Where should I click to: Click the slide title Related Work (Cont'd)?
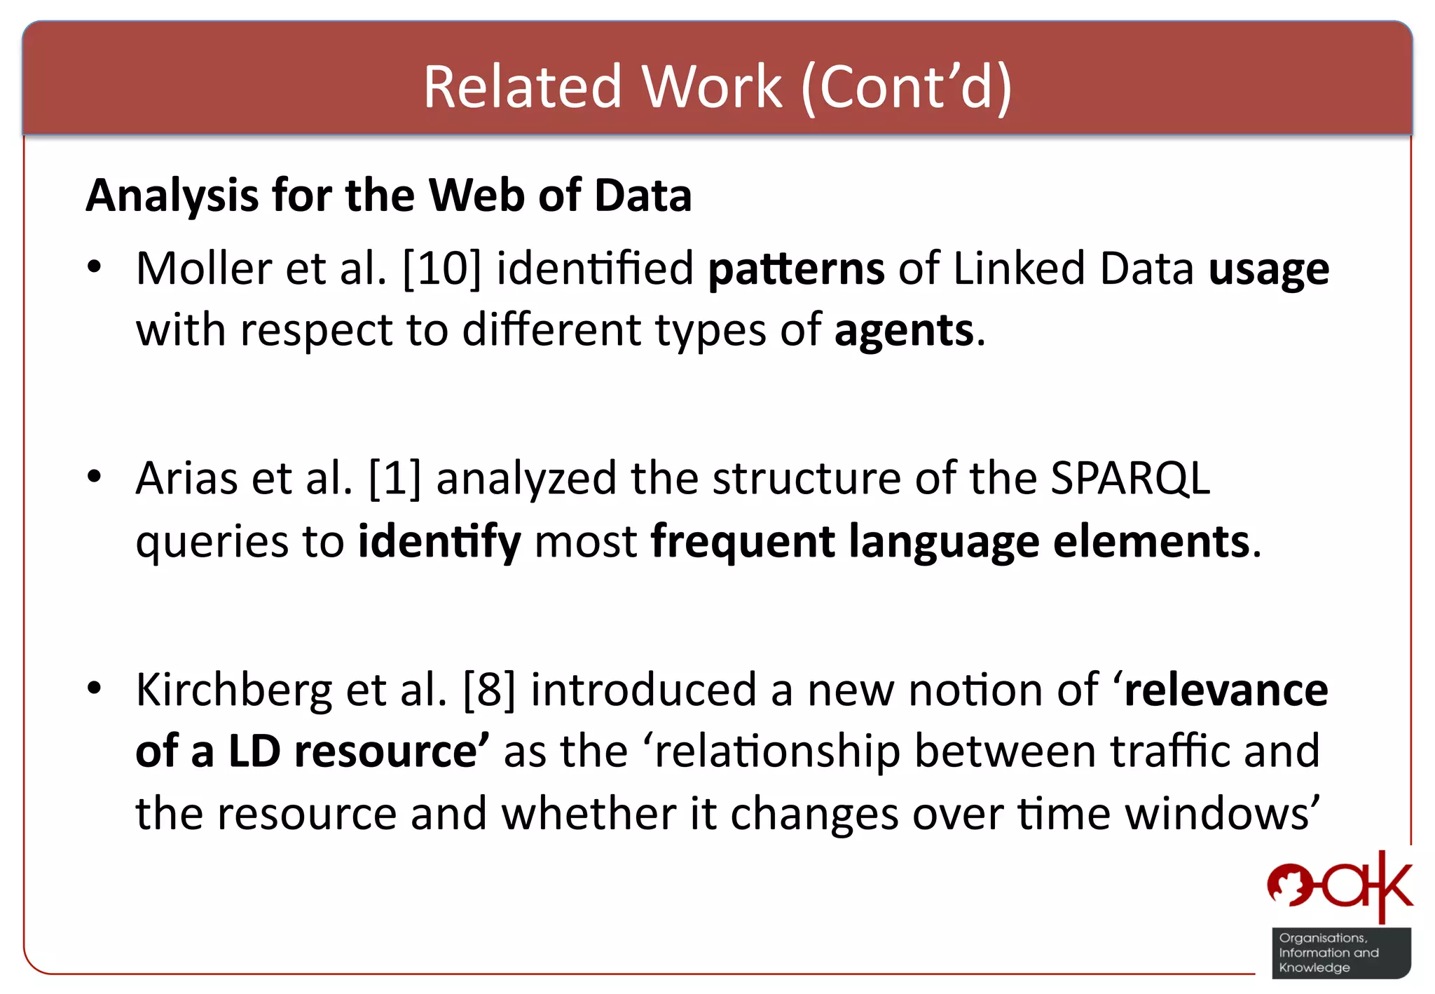(x=717, y=87)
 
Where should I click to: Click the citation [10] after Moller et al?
(x=442, y=268)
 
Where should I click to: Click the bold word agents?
(x=904, y=331)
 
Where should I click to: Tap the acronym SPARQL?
(x=1130, y=479)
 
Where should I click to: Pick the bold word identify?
(x=439, y=542)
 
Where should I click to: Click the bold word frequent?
(x=743, y=542)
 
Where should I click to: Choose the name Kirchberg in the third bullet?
(x=234, y=690)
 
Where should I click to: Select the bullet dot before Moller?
(x=95, y=267)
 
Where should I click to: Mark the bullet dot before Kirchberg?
(x=95, y=688)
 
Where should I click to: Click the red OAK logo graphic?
(x=1339, y=887)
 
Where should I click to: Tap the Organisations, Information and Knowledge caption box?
(x=1340, y=953)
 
